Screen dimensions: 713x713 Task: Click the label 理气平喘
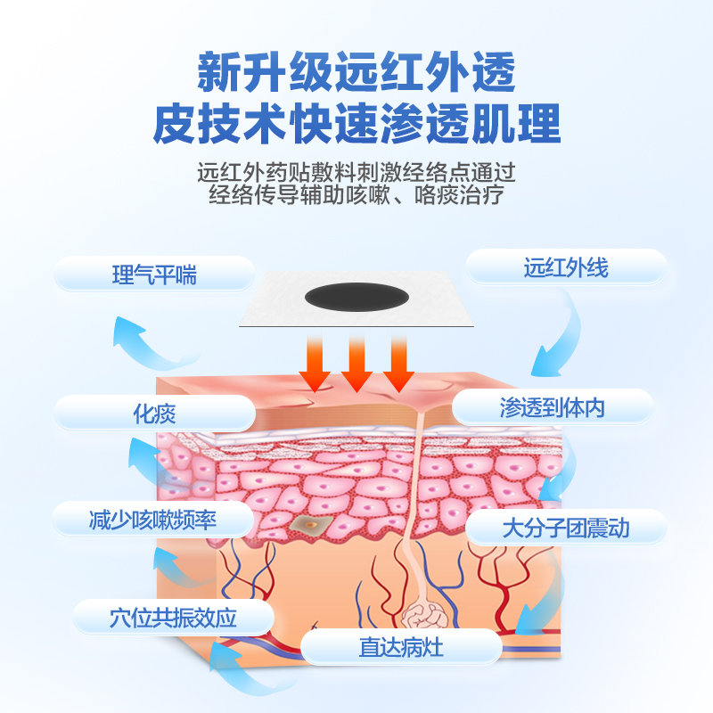click(154, 275)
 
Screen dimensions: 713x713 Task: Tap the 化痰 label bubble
click(154, 413)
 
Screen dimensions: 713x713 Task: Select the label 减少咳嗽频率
click(153, 520)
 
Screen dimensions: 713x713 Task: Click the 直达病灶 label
click(401, 647)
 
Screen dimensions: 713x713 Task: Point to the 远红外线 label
click(567, 267)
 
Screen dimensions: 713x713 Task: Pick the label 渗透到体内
click(553, 408)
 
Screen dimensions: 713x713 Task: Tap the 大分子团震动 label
click(566, 528)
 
